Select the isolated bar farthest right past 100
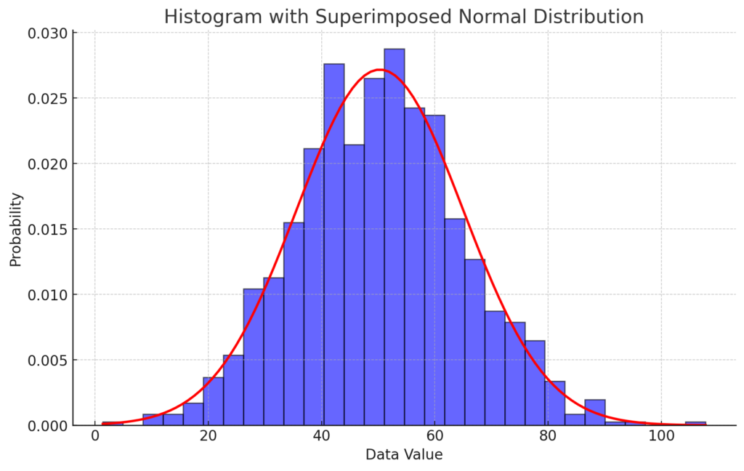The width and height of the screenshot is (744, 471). point(695,423)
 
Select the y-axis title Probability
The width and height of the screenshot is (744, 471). point(16,230)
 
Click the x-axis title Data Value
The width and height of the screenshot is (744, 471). point(404,455)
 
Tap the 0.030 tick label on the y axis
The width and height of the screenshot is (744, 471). point(48,33)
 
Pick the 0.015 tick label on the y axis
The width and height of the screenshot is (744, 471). point(48,230)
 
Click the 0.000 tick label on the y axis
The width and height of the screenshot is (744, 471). point(48,425)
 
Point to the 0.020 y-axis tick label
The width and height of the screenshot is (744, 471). point(48,164)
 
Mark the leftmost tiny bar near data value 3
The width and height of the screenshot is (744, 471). point(113,423)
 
